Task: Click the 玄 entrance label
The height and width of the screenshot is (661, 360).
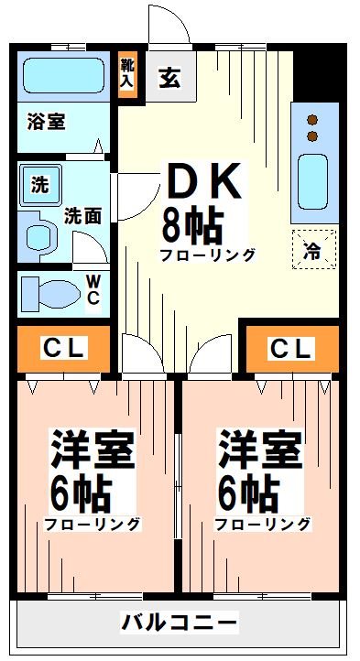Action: [170, 79]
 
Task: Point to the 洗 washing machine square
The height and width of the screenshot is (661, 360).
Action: [39, 184]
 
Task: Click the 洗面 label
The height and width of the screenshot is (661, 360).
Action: [82, 216]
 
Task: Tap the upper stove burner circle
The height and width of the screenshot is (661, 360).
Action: [312, 120]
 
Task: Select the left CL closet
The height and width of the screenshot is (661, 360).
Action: [63, 348]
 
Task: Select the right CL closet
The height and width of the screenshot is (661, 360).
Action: [290, 348]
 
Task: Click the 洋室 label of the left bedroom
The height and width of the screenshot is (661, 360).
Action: [92, 450]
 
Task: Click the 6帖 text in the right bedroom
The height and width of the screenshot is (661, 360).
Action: [247, 493]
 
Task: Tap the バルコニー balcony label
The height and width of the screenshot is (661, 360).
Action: [180, 623]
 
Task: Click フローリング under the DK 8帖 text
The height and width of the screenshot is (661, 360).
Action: [207, 255]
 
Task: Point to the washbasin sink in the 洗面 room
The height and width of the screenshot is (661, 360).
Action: [41, 235]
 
